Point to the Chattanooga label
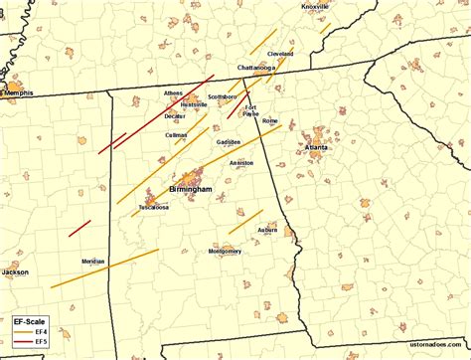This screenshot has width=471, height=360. pyautogui.click(x=255, y=67)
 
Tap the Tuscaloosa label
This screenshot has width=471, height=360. pyautogui.click(x=153, y=208)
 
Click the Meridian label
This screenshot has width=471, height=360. pyautogui.click(x=93, y=261)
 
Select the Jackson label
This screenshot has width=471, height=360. pyautogui.click(x=15, y=271)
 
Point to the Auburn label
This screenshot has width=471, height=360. pyautogui.click(x=267, y=230)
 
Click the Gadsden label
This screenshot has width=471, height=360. pyautogui.click(x=229, y=142)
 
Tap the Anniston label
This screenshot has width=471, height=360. pyautogui.click(x=241, y=162)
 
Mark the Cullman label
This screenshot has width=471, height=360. pyautogui.click(x=177, y=134)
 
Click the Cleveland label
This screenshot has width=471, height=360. pyautogui.click(x=281, y=54)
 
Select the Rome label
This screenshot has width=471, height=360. pyautogui.click(x=269, y=120)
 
